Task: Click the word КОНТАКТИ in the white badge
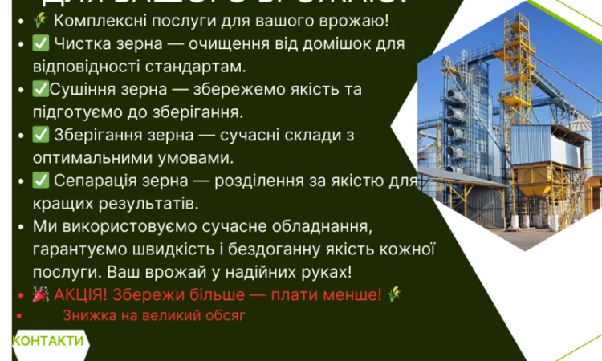point(48,341)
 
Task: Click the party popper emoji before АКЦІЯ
point(41,295)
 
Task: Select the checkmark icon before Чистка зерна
point(41,43)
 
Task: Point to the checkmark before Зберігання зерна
point(41,135)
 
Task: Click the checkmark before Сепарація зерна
point(41,180)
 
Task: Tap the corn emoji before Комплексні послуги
point(39,21)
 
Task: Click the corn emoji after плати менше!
point(393,295)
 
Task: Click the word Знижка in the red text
point(86,316)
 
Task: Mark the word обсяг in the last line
point(226,316)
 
